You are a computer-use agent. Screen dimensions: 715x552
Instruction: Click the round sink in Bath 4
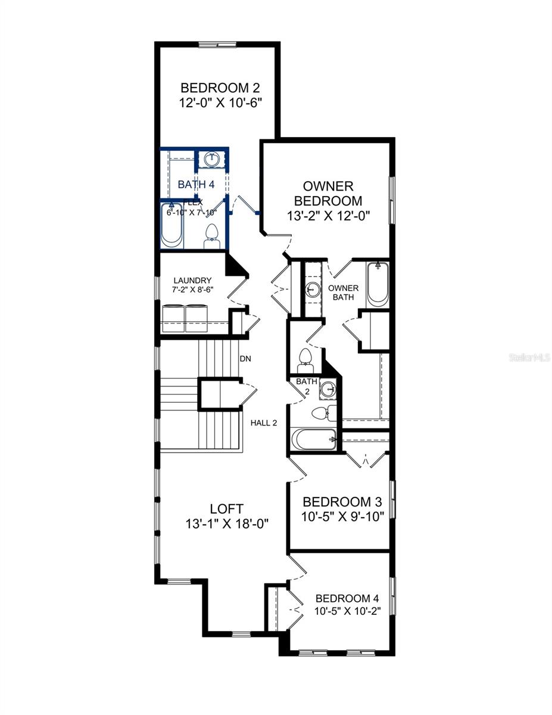[211, 159]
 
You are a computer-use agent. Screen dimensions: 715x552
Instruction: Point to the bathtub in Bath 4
[172, 226]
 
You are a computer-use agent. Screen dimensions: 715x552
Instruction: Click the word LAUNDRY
[192, 280]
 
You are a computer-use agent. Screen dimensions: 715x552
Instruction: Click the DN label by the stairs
[245, 359]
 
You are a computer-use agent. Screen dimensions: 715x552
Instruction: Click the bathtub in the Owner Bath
[377, 284]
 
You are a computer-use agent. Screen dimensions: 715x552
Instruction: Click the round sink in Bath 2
[328, 390]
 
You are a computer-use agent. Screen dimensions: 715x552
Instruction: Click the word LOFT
[226, 509]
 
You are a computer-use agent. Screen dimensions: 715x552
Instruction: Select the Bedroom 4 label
[347, 598]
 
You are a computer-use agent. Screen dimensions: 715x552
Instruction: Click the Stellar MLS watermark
[529, 358]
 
